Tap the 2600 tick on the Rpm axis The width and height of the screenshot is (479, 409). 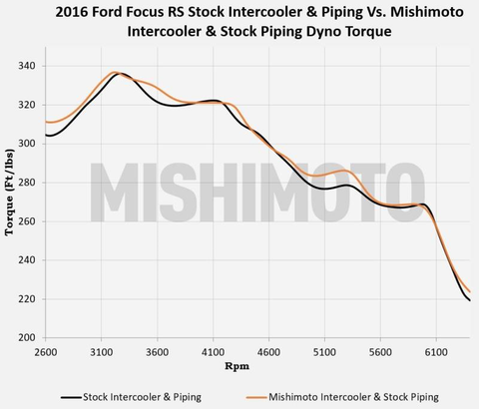pos(46,350)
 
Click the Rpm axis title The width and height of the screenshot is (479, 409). pos(237,367)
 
